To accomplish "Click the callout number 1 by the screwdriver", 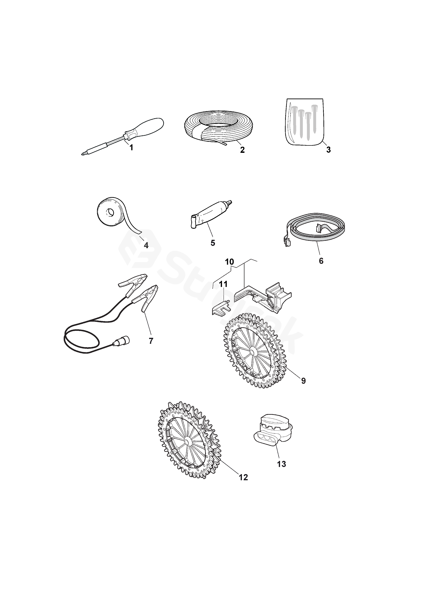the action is click(x=131, y=148).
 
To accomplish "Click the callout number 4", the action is click(x=146, y=245).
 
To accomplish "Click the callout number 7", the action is click(x=151, y=341).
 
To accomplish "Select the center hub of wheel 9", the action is click(x=252, y=351).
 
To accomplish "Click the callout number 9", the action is click(x=303, y=381).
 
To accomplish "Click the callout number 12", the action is click(x=243, y=477).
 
